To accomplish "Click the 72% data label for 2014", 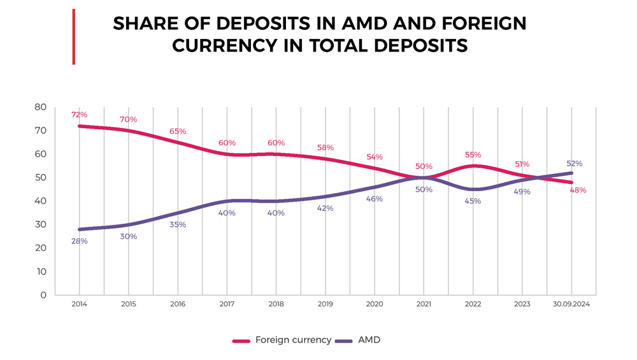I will tap(80, 115).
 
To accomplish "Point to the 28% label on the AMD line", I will tap(80, 241).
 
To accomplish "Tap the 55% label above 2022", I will tap(473, 154).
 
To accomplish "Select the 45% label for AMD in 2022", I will tap(473, 201).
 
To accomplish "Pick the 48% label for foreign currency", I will tap(578, 190).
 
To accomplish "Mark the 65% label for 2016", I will tap(178, 131).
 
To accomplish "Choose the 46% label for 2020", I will tap(375, 199).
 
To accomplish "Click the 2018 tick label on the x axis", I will tap(276, 305).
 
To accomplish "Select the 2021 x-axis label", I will tap(424, 305).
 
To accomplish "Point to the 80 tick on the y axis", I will tap(41, 106).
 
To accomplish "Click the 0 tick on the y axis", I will tap(43, 295).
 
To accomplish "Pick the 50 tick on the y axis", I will tap(41, 177).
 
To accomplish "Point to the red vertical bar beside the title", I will tap(74, 36).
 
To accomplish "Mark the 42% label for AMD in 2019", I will tap(325, 208).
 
